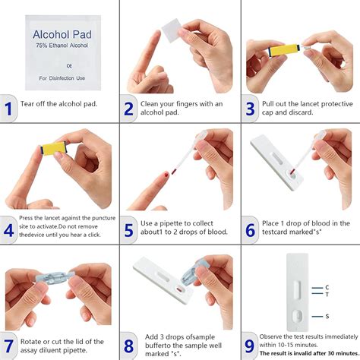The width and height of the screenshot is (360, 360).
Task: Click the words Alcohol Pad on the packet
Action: (62, 35)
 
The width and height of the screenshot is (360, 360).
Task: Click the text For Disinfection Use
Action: (62, 77)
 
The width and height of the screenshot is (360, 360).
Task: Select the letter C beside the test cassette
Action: (326, 287)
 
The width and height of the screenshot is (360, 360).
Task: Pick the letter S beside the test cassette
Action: (326, 315)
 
